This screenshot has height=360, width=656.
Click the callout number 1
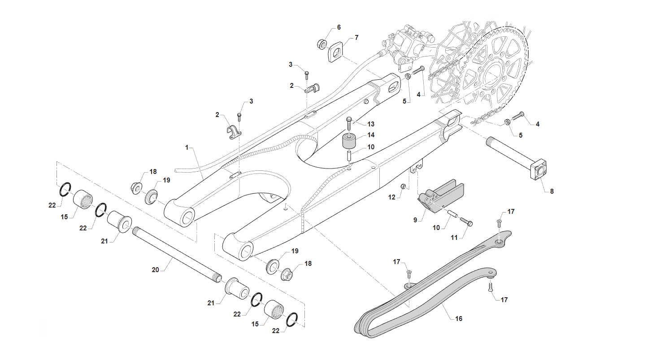pyautogui.click(x=187, y=147)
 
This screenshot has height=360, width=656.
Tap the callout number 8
pyautogui.click(x=552, y=191)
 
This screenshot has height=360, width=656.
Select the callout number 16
pyautogui.click(x=459, y=318)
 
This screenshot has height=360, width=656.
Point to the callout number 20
pyautogui.click(x=155, y=270)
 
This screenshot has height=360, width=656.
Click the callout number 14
pyautogui.click(x=371, y=135)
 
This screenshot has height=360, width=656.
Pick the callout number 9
pyautogui.click(x=415, y=220)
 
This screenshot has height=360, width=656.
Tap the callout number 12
pyautogui.click(x=392, y=197)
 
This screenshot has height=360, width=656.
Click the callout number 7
pyautogui.click(x=356, y=38)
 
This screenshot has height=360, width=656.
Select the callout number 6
pyautogui.click(x=339, y=27)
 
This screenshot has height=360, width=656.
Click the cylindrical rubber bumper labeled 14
pyautogui.click(x=349, y=141)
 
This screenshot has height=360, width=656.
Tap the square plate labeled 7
pyautogui.click(x=335, y=52)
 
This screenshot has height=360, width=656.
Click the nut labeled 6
pyautogui.click(x=322, y=44)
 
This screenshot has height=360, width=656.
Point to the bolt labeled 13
pyautogui.click(x=349, y=124)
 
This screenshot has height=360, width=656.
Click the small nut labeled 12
pyautogui.click(x=403, y=187)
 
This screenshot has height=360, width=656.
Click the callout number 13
pyautogui.click(x=371, y=124)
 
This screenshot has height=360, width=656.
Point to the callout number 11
pyautogui.click(x=454, y=238)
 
